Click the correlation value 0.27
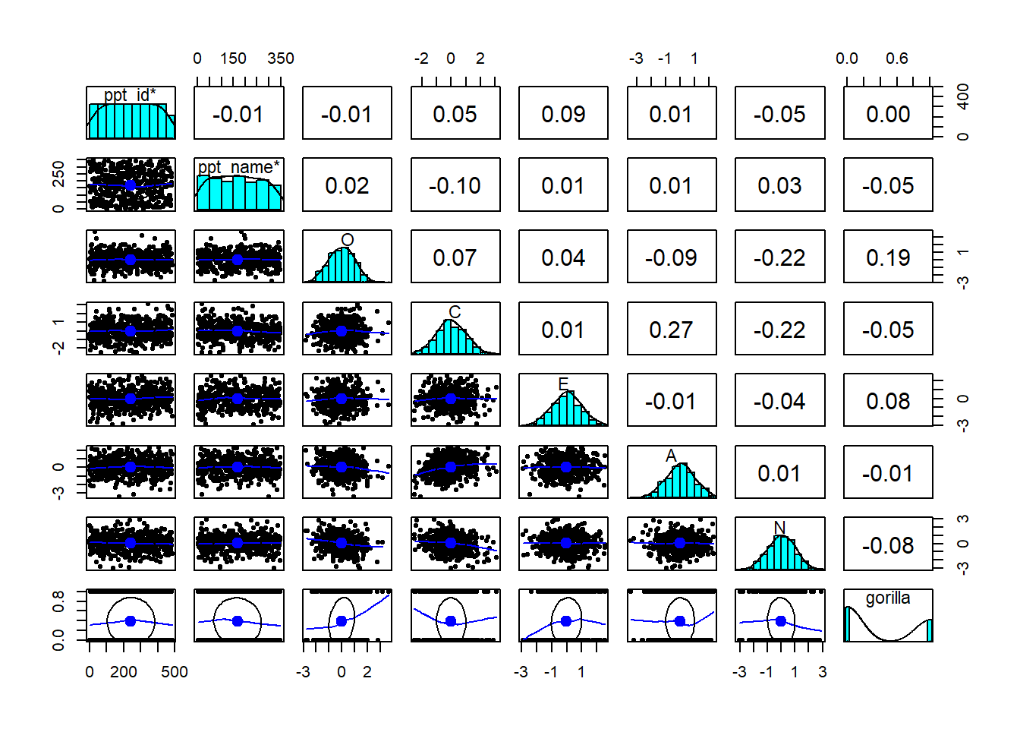click(x=671, y=330)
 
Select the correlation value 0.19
click(x=888, y=258)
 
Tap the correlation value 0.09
click(x=563, y=114)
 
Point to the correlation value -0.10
click(x=455, y=186)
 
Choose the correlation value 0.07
click(x=455, y=258)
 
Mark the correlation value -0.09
click(x=671, y=258)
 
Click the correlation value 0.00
click(x=888, y=114)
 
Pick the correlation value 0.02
click(x=347, y=186)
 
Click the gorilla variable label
click(x=888, y=598)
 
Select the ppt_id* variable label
click(x=130, y=95)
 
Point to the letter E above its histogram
click(x=563, y=383)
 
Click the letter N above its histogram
click(x=779, y=527)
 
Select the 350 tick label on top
click(x=281, y=58)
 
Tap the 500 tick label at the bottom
click(x=175, y=672)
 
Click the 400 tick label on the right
click(x=963, y=96)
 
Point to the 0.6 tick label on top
click(x=896, y=58)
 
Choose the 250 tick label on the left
click(x=58, y=174)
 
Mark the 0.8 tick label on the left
click(x=58, y=601)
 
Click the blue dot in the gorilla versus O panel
click(x=342, y=621)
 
